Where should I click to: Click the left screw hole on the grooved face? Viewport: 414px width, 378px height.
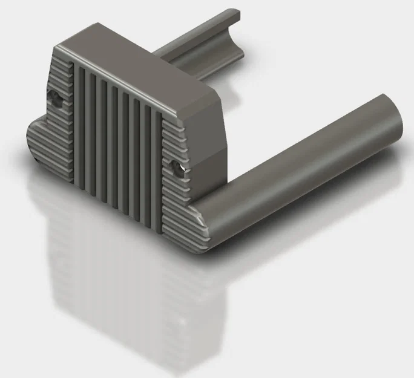tap(55, 98)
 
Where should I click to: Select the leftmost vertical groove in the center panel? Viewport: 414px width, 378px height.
tap(77, 121)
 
